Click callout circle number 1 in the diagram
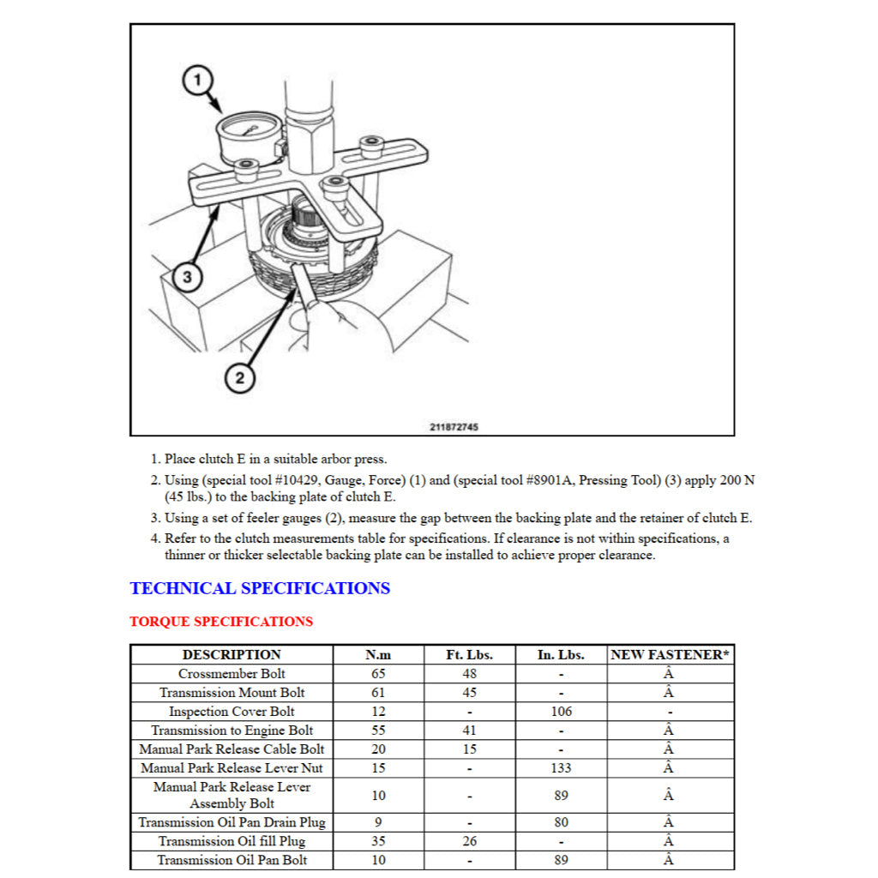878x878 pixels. pos(197,81)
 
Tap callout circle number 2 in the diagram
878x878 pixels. pos(239,377)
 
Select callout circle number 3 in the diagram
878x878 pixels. pos(187,277)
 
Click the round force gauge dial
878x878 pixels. pos(249,134)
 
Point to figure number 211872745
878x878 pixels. pos(454,427)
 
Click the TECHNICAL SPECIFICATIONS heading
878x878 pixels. pos(260,588)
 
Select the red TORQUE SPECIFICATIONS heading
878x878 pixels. pos(221,622)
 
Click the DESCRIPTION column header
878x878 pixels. pos(232,655)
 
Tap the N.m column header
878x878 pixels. pos(378,655)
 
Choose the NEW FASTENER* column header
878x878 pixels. pos(670,655)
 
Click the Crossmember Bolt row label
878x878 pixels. pos(232,674)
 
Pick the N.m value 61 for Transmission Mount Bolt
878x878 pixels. pos(378,693)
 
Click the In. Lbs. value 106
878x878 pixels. pos(561,712)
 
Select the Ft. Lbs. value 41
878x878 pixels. pos(469,731)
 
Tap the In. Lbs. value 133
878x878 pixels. pos(561,768)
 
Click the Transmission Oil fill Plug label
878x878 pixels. pos(232,841)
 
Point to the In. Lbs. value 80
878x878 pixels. pos(561,822)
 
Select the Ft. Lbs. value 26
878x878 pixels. pos(469,841)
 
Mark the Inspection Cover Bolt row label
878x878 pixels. pos(232,712)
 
